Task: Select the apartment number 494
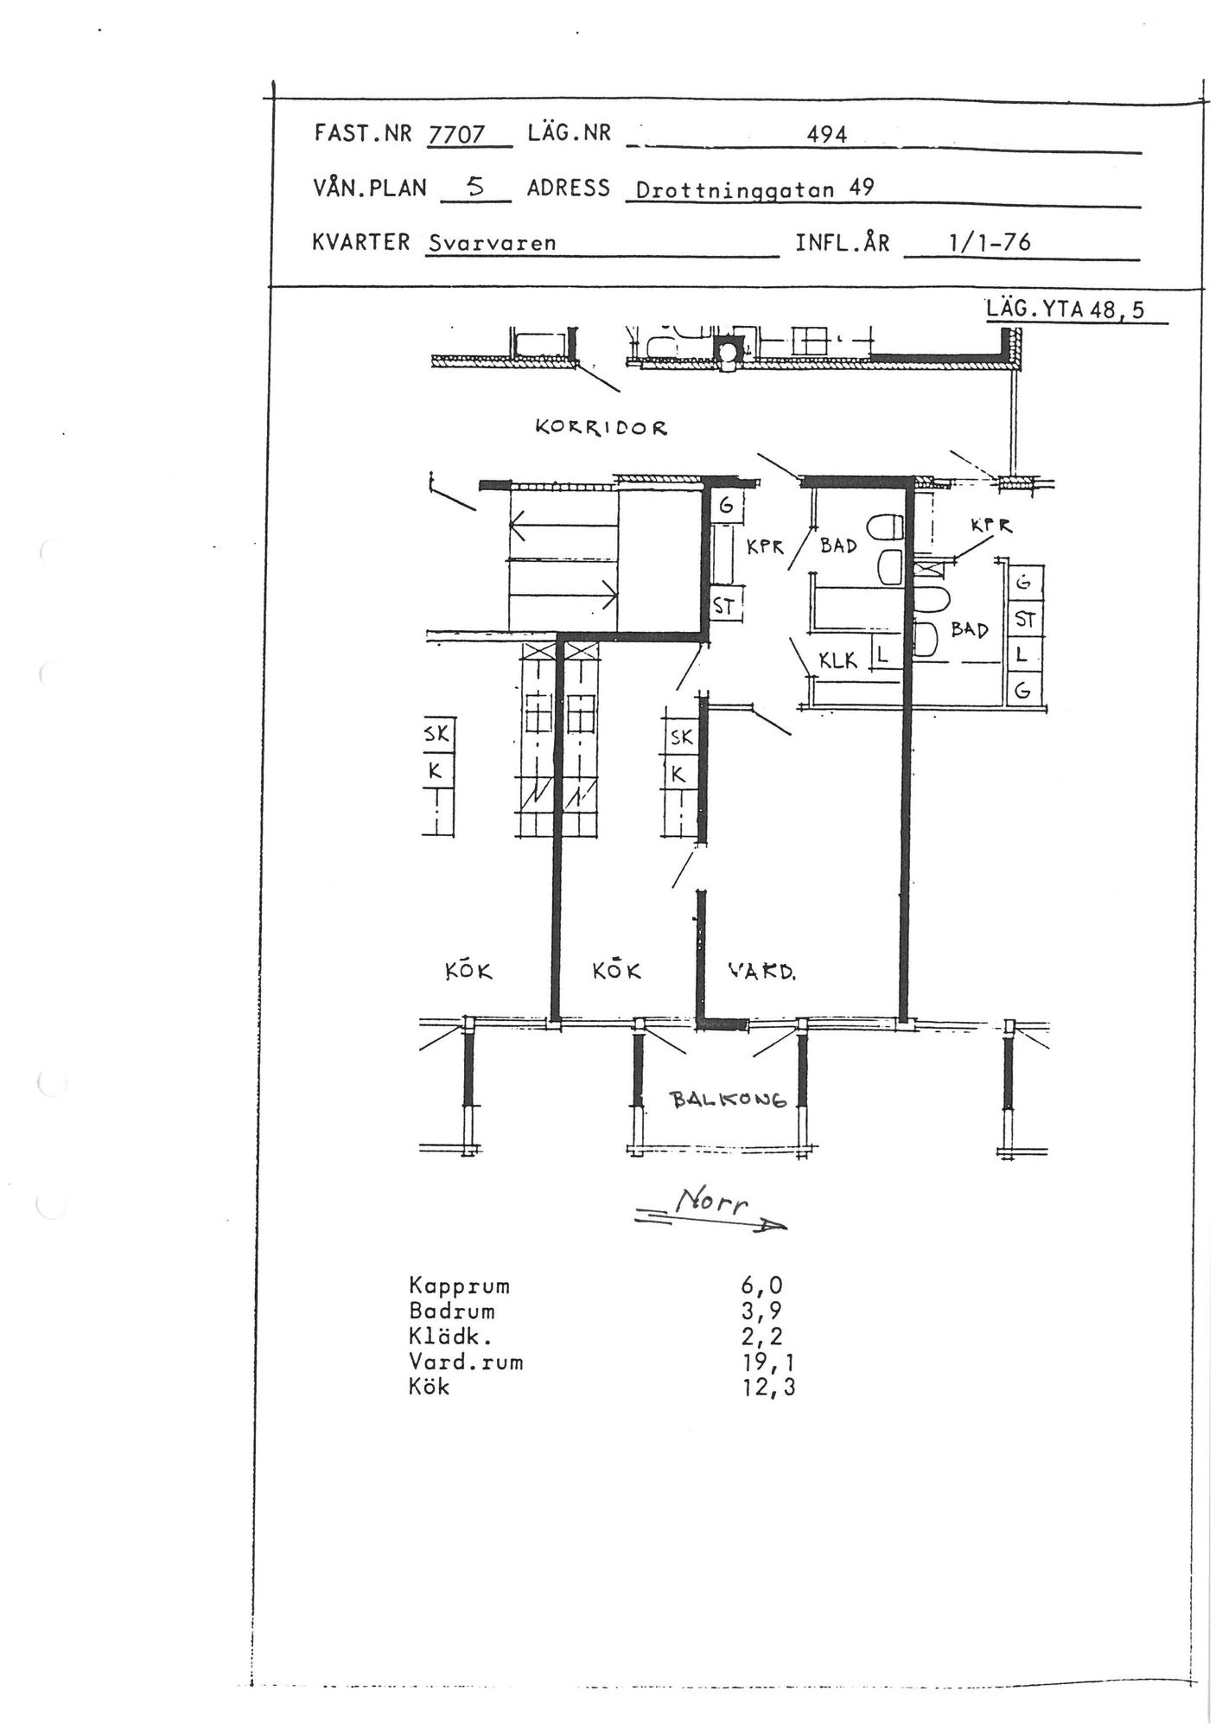click(x=826, y=135)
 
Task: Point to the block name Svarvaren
click(x=492, y=243)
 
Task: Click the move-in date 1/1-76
click(x=990, y=242)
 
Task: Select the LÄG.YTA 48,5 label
click(x=1066, y=309)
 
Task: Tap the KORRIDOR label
click(x=601, y=427)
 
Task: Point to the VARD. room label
click(x=761, y=971)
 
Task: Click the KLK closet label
click(x=838, y=661)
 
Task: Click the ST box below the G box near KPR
click(x=724, y=607)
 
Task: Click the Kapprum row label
click(x=459, y=1286)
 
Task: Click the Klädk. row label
click(x=450, y=1337)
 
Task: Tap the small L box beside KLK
click(x=881, y=654)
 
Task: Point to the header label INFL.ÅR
click(x=842, y=243)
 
